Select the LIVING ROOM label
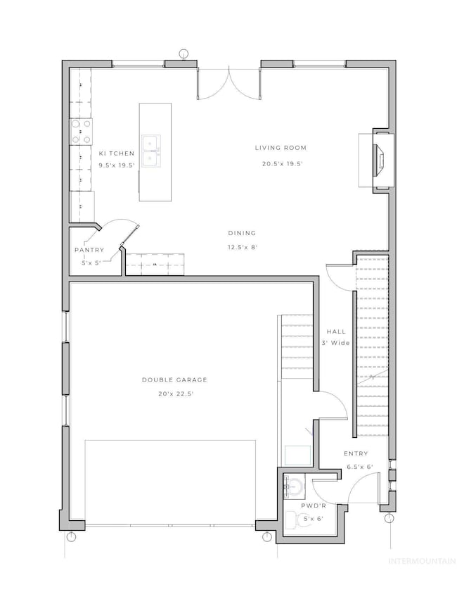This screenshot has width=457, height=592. click(281, 148)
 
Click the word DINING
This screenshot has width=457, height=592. click(241, 233)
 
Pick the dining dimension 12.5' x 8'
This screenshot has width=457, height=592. click(241, 247)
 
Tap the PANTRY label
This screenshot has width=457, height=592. click(89, 250)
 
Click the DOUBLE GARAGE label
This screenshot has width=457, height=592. click(174, 380)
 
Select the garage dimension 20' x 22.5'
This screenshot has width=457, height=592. click(174, 394)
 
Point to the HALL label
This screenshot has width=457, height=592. click(333, 332)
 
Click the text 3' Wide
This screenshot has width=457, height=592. click(333, 344)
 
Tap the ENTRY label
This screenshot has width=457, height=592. click(355, 454)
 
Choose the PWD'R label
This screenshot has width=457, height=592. click(312, 505)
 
